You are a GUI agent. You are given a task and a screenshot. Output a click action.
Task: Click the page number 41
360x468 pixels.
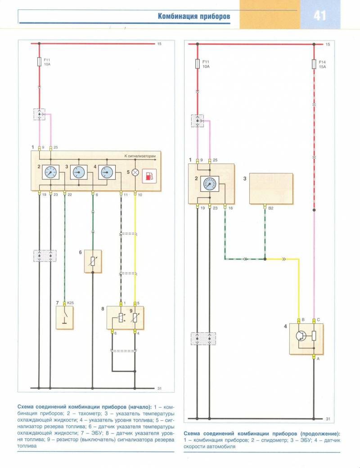point(319,15)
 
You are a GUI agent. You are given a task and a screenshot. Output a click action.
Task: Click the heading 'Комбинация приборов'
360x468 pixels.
point(194,16)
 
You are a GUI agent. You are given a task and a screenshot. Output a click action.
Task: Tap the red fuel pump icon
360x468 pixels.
point(149,176)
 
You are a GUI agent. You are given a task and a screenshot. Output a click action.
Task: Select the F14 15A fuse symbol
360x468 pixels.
point(314,64)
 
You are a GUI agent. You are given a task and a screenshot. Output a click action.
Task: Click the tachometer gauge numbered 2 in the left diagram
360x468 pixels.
point(50,172)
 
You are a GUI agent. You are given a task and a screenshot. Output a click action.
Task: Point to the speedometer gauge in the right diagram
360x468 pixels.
point(210,184)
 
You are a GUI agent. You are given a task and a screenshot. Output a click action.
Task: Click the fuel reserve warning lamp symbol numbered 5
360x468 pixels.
point(135,172)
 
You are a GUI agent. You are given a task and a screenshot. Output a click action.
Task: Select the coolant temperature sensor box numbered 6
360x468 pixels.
point(93,261)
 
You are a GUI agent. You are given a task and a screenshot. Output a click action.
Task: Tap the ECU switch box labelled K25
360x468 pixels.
point(64,318)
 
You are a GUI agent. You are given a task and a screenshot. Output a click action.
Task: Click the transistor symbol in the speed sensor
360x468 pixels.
point(301,336)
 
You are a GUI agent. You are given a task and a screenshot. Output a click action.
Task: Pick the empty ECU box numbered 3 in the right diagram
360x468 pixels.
point(271,189)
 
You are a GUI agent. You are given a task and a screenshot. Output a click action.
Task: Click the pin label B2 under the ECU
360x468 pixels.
point(270,208)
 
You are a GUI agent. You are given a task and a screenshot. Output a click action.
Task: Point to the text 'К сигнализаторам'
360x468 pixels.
point(140,156)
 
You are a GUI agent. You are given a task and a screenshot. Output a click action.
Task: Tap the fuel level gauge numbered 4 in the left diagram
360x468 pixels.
point(107,172)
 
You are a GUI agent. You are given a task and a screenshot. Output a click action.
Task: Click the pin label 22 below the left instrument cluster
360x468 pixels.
point(69,195)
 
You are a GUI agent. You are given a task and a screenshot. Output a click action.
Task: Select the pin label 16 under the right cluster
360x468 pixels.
point(230,208)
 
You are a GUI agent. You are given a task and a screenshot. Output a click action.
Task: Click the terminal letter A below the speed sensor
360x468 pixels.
point(318,359)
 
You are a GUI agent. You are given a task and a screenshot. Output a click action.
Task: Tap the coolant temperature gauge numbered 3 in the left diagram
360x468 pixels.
point(79,172)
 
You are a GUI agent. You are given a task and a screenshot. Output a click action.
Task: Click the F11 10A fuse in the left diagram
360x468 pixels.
point(39,62)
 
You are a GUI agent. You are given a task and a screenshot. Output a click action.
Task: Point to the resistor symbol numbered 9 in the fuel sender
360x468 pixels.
point(135,318)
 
